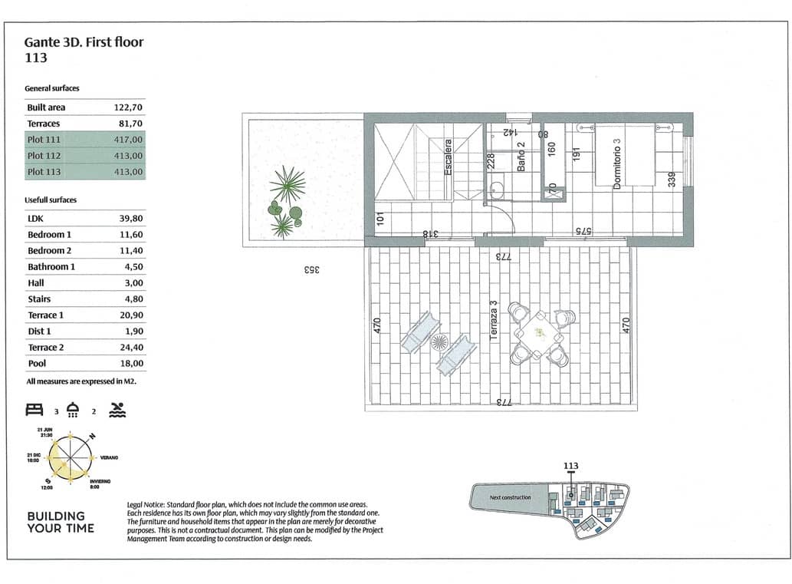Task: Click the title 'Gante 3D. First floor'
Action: click(x=84, y=41)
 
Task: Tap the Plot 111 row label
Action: click(x=44, y=140)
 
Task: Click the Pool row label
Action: click(x=38, y=364)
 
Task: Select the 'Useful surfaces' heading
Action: click(x=51, y=200)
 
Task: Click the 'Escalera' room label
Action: click(x=449, y=157)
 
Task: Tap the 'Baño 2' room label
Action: click(x=521, y=157)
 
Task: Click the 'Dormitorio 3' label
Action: click(x=616, y=164)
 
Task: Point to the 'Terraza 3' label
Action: click(x=495, y=322)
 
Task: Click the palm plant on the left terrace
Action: click(x=288, y=185)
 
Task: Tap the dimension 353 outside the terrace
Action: click(x=311, y=270)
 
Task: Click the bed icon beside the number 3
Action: click(x=35, y=409)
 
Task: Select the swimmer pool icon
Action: click(x=117, y=409)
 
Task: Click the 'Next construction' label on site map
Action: click(x=510, y=497)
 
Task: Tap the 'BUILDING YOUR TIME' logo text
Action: click(x=61, y=522)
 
